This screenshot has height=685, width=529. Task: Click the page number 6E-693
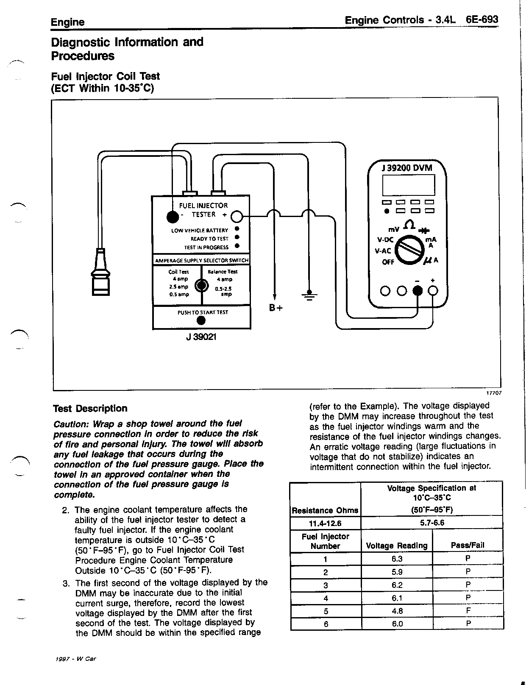tap(482, 19)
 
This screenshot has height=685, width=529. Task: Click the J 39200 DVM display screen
tap(408, 185)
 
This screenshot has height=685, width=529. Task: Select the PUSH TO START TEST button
tap(201, 320)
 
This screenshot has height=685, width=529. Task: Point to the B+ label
tap(276, 308)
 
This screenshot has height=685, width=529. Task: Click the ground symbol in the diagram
tap(309, 295)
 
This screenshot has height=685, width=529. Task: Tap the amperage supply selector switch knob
tap(202, 286)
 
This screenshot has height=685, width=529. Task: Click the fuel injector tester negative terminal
tap(173, 217)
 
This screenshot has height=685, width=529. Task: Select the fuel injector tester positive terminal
tap(237, 217)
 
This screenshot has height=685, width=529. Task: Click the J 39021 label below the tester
tap(201, 337)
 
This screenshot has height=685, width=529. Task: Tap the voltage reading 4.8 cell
tap(397, 611)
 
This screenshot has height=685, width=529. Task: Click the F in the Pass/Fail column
tap(468, 610)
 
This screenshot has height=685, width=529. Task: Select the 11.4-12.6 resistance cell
tap(325, 523)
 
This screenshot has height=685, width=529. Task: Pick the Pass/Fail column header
tap(468, 545)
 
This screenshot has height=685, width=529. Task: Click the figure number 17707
tap(494, 393)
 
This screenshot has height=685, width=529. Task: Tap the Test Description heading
tap(90, 408)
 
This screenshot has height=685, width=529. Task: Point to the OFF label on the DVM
tap(388, 262)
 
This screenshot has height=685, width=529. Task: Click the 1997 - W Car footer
tap(75, 659)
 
